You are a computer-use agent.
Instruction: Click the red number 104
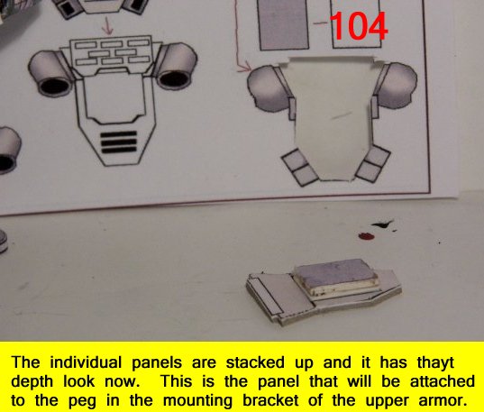(359, 26)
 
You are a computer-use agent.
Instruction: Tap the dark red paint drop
(366, 236)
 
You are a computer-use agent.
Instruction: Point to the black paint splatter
(383, 224)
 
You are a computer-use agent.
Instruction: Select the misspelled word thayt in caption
(435, 362)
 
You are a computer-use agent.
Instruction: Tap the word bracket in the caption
(270, 400)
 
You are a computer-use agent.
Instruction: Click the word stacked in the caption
(255, 362)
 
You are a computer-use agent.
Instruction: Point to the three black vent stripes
(119, 142)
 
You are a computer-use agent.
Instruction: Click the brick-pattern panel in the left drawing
(112, 52)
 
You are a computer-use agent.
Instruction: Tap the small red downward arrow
(108, 26)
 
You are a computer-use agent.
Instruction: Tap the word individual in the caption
(86, 362)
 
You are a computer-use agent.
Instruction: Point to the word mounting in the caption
(197, 401)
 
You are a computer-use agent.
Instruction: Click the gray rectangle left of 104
(284, 24)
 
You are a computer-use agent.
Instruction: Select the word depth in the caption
(32, 381)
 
